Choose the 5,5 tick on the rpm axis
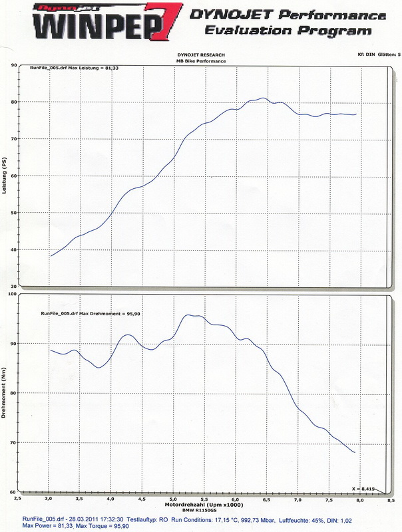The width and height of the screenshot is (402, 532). click(x=204, y=499)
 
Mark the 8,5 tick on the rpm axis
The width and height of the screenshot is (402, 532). click(x=389, y=499)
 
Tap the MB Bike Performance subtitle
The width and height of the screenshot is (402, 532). click(x=200, y=61)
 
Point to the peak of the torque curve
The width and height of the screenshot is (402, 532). click(x=192, y=315)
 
